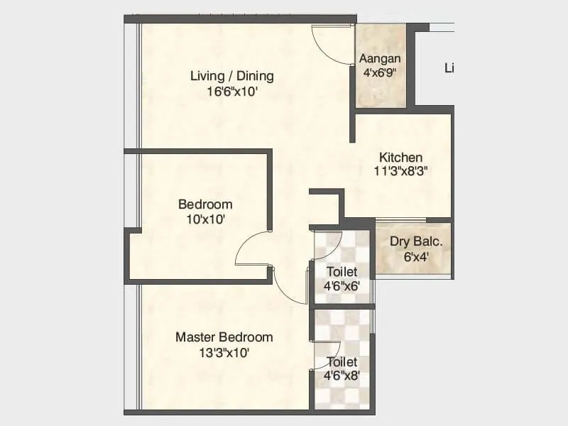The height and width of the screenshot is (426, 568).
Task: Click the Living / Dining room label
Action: point(231,76)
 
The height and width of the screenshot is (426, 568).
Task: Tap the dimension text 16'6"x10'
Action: point(231,92)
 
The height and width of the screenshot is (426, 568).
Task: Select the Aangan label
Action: point(380,58)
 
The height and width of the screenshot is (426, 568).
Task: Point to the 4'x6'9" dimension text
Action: point(380,72)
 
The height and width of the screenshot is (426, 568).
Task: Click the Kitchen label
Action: point(400,157)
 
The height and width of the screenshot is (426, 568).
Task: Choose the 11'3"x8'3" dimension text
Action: point(400,170)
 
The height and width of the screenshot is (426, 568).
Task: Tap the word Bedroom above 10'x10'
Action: point(205,204)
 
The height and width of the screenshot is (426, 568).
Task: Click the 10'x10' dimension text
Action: point(205,219)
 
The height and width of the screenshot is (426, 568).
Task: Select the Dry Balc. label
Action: point(416,241)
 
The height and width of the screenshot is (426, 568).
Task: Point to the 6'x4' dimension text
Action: point(416,256)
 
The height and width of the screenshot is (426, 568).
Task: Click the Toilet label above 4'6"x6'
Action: point(342,272)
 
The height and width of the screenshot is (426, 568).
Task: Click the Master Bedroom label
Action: point(224,337)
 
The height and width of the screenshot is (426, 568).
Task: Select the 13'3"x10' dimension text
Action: point(224,351)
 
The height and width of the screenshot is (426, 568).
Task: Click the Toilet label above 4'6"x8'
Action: point(342,361)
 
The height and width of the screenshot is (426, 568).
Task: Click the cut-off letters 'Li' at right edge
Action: point(449,68)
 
